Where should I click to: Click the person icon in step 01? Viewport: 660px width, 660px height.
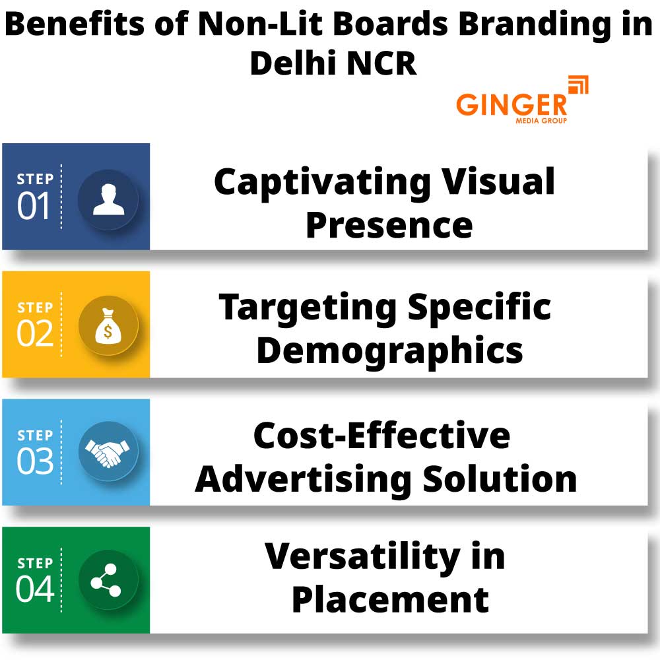[108, 199]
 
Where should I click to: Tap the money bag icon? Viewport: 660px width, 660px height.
[108, 326]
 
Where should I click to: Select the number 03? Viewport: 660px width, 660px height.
[34, 462]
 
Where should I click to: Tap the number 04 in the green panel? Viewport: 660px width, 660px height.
[34, 589]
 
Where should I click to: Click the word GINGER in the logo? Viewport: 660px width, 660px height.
[511, 105]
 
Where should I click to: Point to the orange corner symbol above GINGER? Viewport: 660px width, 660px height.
[578, 86]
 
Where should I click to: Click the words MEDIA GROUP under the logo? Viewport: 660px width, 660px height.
[541, 121]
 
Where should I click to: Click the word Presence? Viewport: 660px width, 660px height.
[389, 225]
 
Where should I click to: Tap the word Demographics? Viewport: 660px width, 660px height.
[389, 351]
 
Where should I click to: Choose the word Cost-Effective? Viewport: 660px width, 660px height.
[381, 436]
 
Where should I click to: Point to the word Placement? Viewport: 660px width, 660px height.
[390, 599]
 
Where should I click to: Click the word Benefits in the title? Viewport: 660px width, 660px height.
[88, 25]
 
